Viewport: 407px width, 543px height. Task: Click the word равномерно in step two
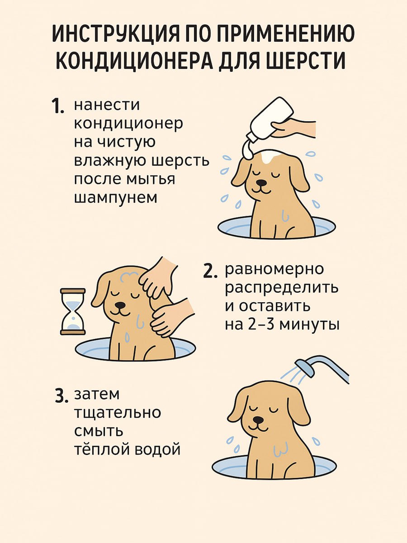(274, 269)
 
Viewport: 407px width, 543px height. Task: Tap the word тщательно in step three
(117, 413)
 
